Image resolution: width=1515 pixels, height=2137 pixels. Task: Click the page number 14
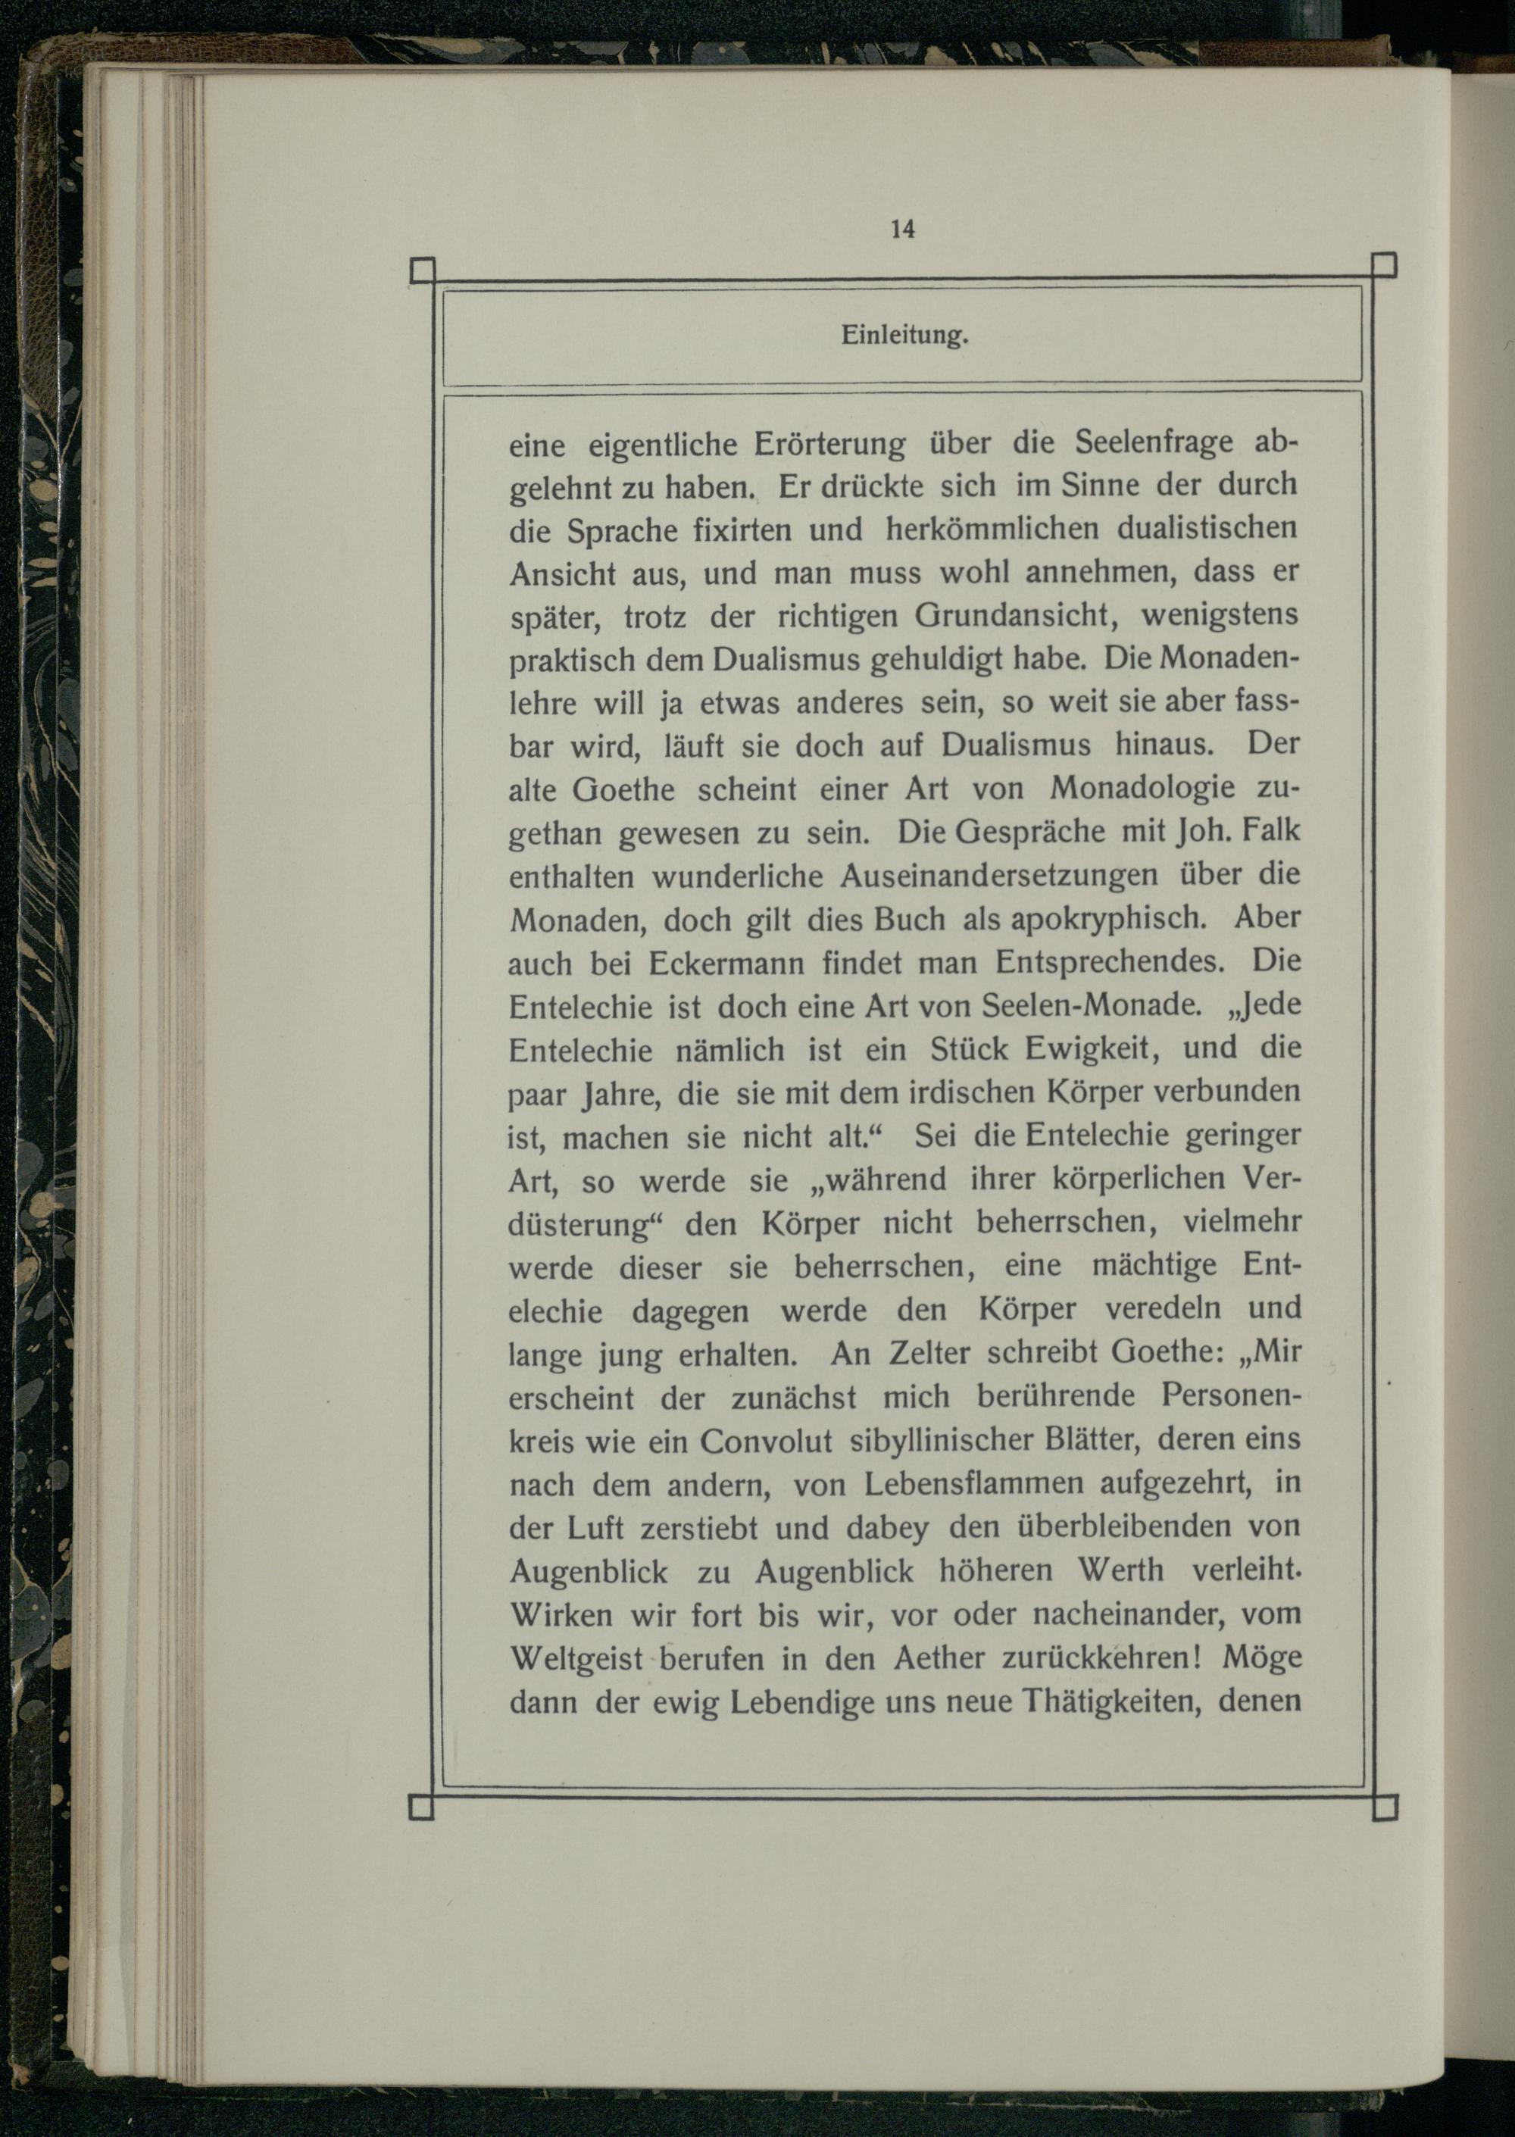click(x=902, y=229)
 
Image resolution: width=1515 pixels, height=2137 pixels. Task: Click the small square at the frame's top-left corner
click(x=423, y=270)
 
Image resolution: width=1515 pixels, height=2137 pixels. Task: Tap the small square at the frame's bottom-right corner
click(x=1386, y=1807)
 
